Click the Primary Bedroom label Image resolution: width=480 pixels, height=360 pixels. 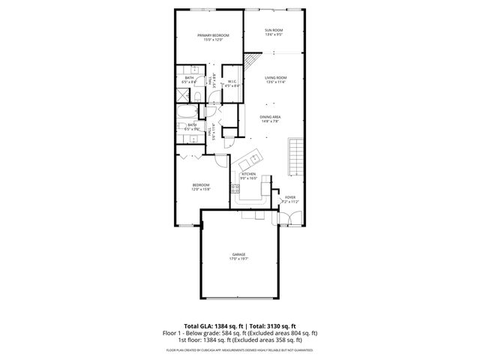click(x=214, y=35)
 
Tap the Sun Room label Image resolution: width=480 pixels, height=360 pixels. click(x=273, y=31)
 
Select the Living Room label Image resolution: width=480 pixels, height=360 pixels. click(x=275, y=78)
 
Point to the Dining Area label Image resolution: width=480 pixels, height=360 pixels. click(x=270, y=117)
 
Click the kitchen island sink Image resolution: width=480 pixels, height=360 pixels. click(x=253, y=159)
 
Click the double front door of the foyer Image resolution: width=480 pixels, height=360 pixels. click(x=290, y=219)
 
